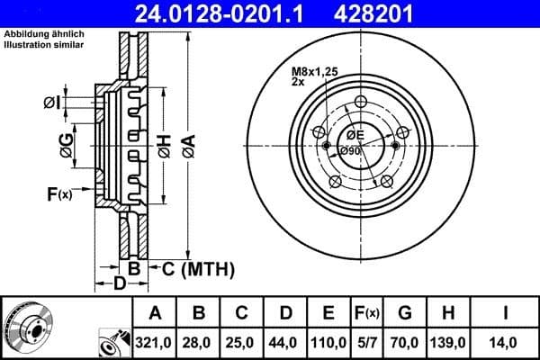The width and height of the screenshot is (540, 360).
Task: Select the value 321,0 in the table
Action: coord(155,342)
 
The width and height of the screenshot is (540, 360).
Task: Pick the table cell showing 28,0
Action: coord(199,342)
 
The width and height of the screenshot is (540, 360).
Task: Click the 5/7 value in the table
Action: coord(368,342)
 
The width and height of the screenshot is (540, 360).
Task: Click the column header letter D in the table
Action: coord(284,313)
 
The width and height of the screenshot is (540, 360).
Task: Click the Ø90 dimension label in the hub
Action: coord(350,151)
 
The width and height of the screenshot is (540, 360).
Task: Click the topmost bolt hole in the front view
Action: coord(362,102)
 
